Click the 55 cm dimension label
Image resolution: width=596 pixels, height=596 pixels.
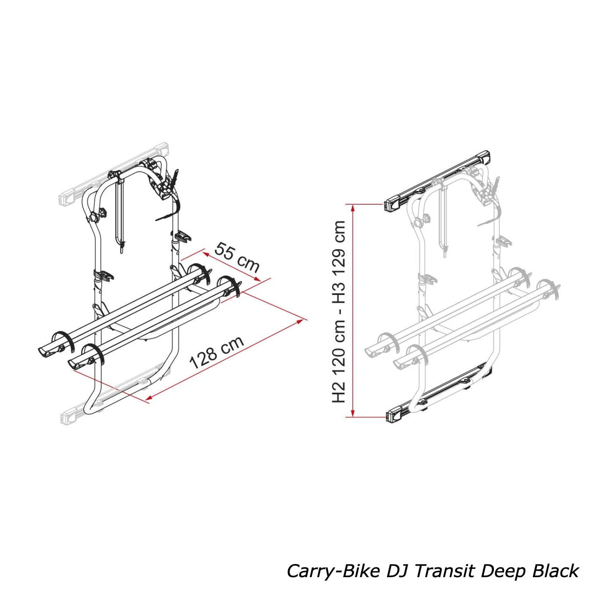237,257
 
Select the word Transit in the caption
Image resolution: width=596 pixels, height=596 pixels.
444,571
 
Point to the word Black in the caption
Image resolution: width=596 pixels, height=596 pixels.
556,571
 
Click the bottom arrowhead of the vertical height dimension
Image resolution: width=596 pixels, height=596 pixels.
353,414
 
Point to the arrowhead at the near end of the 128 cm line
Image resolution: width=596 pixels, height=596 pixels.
149,398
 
